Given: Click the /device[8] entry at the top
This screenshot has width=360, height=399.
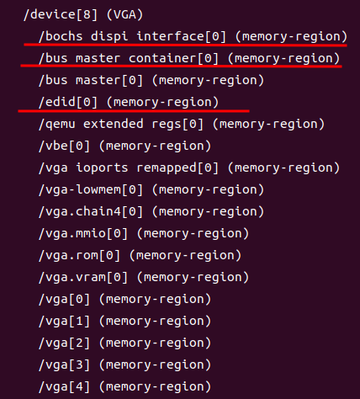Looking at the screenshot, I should tap(59, 16).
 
